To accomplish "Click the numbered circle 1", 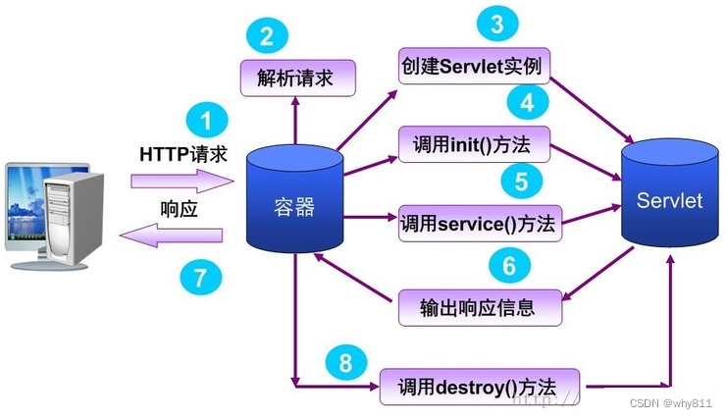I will coord(205,123).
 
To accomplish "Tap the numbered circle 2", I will coord(266,38).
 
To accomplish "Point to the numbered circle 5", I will coord(521,181).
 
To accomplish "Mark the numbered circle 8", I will coord(343,363).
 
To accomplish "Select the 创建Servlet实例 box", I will coord(472,66).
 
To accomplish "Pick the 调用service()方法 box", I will coord(478,222).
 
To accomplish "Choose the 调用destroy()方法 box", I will coord(479,384).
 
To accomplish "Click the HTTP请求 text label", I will coord(182,155).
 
